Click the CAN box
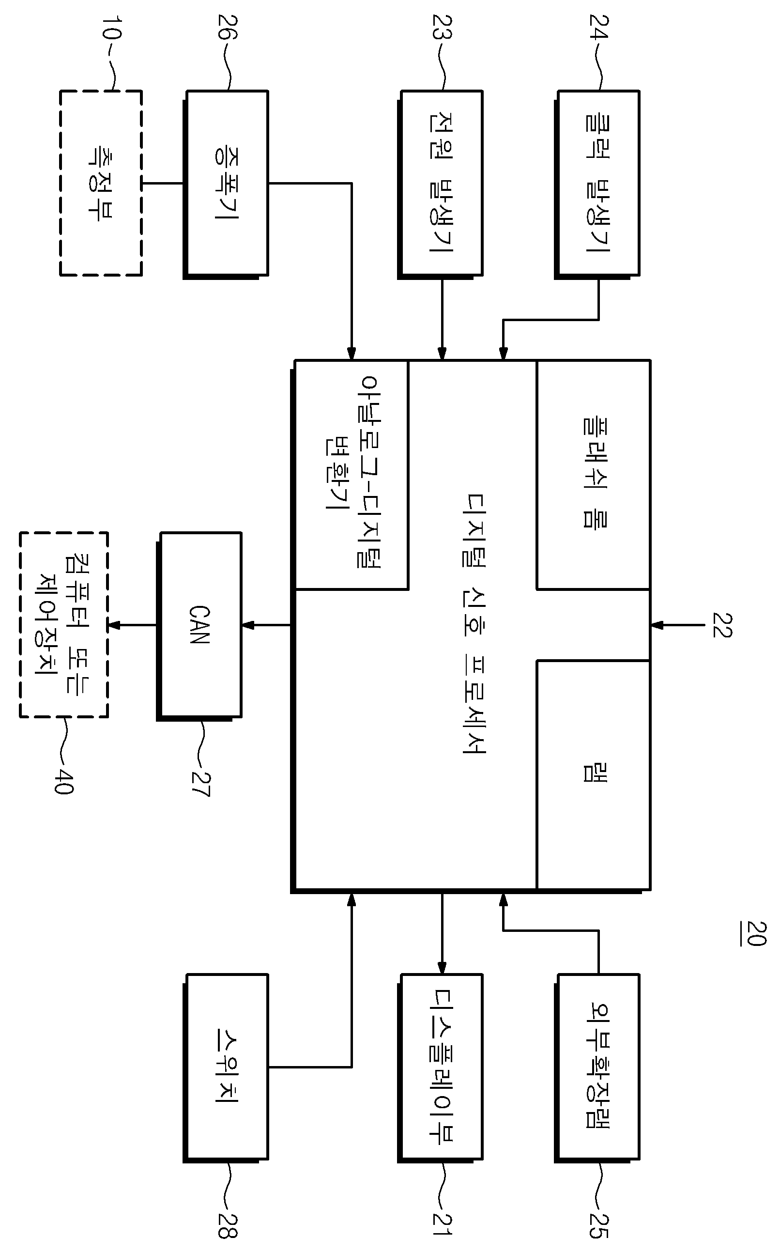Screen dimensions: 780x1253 tap(199, 625)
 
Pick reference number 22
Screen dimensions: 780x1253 tap(722, 625)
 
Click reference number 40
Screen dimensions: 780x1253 tap(64, 781)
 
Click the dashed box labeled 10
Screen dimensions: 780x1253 tap(101, 183)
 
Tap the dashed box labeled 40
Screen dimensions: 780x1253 tap(64, 624)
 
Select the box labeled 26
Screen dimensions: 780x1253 tap(226, 184)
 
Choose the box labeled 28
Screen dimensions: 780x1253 tap(226, 1067)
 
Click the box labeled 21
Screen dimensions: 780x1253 tap(441, 1067)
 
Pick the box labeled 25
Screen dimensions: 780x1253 tap(597, 1067)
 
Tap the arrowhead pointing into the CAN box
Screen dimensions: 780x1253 tap(247, 625)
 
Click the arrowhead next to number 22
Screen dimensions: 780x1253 tap(657, 625)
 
